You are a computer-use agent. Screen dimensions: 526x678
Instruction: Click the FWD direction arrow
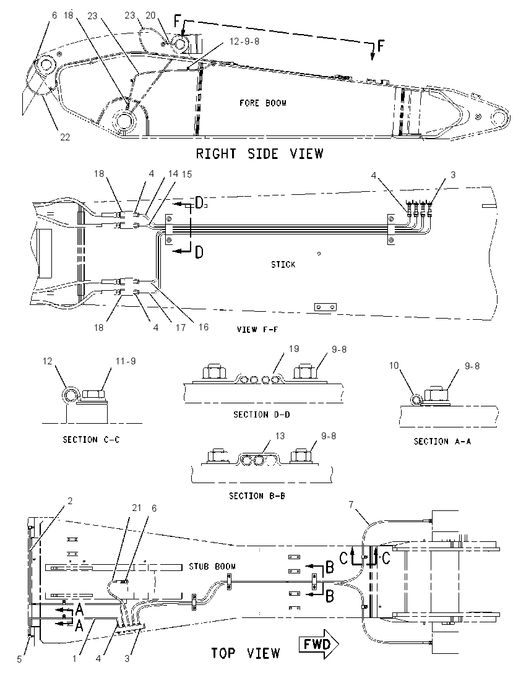[x=319, y=644]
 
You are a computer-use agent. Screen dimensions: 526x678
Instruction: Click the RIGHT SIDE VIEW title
[x=259, y=153]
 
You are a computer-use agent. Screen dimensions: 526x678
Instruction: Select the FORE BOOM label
[x=263, y=103]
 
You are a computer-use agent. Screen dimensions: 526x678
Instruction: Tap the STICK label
[x=283, y=264]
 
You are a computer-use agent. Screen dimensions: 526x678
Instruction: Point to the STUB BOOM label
[x=212, y=566]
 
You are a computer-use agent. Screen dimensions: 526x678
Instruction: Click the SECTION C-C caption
[x=91, y=440]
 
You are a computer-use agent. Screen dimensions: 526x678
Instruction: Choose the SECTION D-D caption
[x=262, y=414]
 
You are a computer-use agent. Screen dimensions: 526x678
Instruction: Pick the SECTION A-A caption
[x=442, y=442]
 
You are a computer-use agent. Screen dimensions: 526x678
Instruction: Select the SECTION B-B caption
[x=257, y=496]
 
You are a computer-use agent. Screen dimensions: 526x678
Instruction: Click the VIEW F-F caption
[x=257, y=330]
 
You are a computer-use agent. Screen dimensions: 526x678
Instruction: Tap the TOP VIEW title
[x=246, y=653]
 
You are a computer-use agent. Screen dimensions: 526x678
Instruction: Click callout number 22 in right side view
[x=65, y=137]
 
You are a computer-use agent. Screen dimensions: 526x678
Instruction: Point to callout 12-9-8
[x=244, y=41]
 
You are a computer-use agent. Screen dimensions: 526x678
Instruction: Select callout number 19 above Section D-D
[x=294, y=348]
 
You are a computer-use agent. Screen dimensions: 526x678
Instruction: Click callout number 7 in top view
[x=351, y=504]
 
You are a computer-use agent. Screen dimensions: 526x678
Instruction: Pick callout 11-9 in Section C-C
[x=126, y=361]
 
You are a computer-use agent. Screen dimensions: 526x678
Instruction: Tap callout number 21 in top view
[x=137, y=508]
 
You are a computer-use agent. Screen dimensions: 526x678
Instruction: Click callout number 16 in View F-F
[x=204, y=327]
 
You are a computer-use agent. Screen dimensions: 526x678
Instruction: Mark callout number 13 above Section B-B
[x=280, y=436]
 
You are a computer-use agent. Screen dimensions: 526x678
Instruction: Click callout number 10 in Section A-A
[x=394, y=366]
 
